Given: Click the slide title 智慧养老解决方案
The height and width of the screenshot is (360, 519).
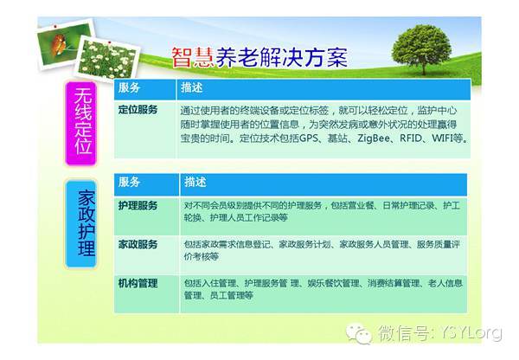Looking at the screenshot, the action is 259,58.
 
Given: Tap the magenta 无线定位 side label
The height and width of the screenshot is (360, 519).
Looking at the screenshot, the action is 81,123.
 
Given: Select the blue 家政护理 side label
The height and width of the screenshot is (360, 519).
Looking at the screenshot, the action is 81,224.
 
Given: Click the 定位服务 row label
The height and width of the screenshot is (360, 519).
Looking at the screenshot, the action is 138,110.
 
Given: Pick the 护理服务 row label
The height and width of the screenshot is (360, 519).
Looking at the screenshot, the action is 138,206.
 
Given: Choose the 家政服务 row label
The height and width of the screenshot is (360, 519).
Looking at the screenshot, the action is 138,244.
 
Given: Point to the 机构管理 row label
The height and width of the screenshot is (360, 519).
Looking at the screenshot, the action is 138,283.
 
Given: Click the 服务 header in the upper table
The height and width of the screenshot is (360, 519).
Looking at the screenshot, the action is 129,87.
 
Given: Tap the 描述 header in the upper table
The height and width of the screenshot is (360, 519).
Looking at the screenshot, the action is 192,87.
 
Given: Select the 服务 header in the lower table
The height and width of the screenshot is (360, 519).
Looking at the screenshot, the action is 129,182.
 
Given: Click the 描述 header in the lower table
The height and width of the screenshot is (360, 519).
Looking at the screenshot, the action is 195,182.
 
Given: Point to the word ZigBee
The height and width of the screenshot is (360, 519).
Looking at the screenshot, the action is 374,138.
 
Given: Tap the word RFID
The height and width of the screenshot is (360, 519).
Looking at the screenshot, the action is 411,138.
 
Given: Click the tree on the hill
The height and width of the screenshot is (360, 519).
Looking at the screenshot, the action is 421,48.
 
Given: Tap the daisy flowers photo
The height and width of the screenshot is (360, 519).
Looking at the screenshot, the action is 107,59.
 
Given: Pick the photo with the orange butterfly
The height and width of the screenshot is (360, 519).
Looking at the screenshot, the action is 66,45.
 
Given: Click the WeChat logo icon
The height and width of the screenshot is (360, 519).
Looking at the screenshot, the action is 358,333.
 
